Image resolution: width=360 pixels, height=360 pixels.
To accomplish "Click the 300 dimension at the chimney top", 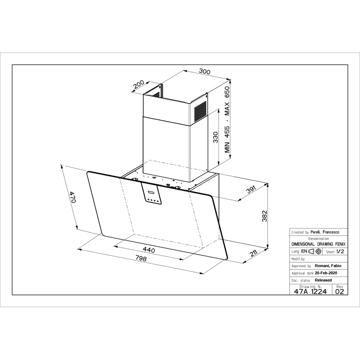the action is tap(204, 72).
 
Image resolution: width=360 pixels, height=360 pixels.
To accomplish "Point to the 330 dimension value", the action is tap(215, 137).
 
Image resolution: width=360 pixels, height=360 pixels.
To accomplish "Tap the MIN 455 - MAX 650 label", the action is tap(227, 120).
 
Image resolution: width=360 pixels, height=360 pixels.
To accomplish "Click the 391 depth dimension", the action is tap(251, 190).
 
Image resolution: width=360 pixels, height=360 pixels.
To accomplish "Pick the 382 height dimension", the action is tap(265, 216).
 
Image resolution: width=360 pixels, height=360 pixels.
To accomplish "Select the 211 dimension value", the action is tap(253, 253).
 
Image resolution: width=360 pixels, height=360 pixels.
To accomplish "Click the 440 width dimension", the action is tap(149, 249).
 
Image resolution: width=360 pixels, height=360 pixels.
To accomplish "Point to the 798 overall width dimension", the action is tap(141, 258).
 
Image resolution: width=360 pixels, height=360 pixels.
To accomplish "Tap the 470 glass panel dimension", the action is tap(73, 197).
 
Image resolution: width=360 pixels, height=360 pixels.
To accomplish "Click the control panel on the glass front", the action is tap(151, 193).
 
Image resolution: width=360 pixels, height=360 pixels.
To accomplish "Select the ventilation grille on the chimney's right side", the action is tap(200, 111).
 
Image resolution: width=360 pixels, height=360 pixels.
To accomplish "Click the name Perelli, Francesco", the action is tap(325, 232).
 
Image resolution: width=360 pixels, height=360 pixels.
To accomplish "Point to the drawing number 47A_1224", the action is tap(310, 292).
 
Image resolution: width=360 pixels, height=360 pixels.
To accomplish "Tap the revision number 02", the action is tap(340, 292).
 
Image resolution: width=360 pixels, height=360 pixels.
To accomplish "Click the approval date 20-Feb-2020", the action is tap(326, 273).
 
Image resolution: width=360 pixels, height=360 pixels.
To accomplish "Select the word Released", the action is tap(323, 280).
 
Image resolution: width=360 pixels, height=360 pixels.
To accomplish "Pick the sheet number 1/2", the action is tap(340, 251).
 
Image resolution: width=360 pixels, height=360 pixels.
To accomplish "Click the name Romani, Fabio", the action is tap(328, 266).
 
